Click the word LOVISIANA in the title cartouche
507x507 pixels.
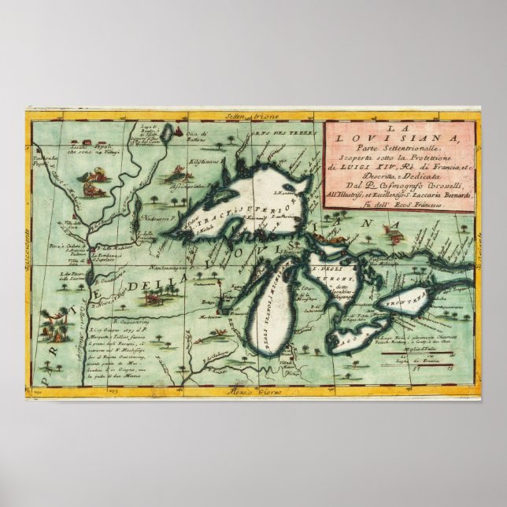click(401, 141)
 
